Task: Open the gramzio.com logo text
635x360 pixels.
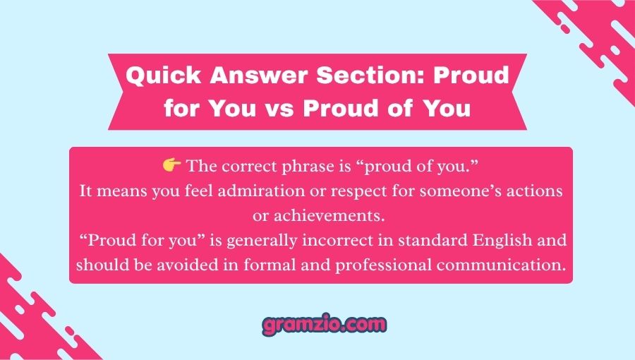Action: [325, 325]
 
